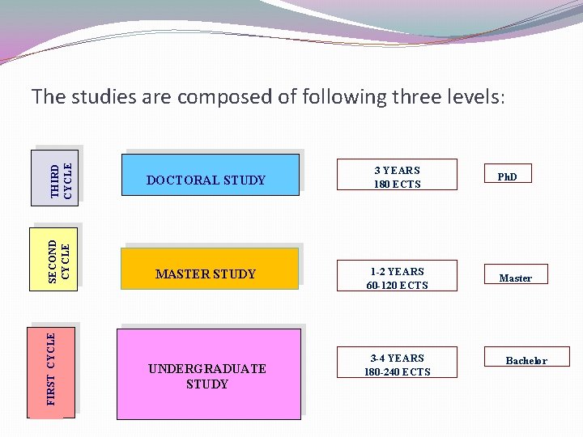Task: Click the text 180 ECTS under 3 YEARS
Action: pos(397,185)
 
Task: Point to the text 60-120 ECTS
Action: pos(397,286)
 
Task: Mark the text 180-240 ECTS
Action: pos(397,372)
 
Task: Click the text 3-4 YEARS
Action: pos(397,358)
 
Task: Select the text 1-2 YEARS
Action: pos(397,272)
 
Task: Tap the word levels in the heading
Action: pos(473,97)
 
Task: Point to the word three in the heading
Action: pos(416,97)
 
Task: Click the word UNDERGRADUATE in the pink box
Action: pos(207,369)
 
